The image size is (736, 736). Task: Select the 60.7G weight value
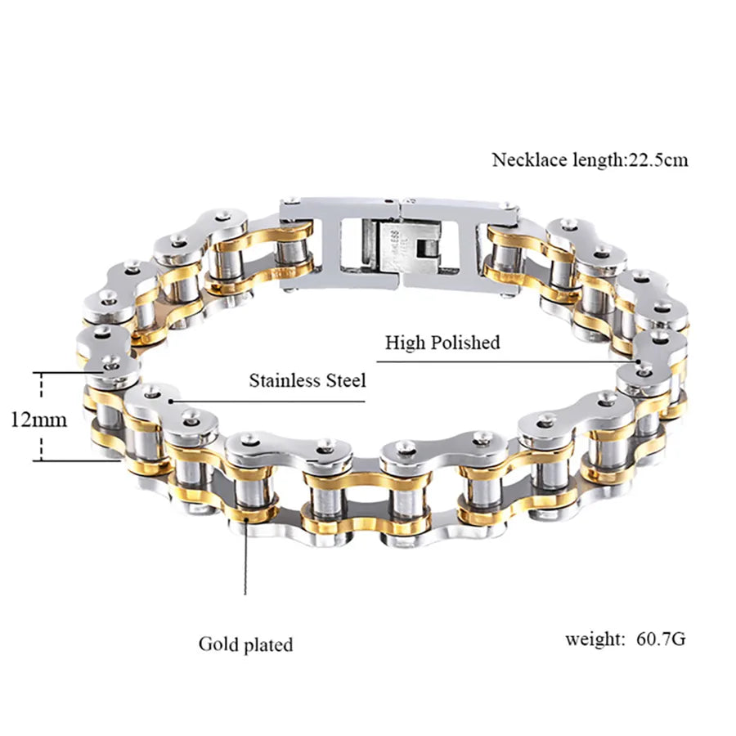click(661, 639)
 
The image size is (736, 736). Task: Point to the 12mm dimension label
click(38, 420)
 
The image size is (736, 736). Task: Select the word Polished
click(465, 343)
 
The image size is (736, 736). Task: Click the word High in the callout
click(405, 343)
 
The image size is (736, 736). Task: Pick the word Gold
click(218, 644)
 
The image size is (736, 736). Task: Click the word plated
click(267, 645)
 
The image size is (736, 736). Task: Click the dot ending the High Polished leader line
click(639, 362)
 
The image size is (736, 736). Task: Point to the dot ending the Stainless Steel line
click(172, 402)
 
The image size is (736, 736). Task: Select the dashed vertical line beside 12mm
click(42, 417)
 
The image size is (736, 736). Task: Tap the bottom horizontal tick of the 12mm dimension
click(76, 461)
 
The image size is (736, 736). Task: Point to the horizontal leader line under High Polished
click(506, 362)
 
